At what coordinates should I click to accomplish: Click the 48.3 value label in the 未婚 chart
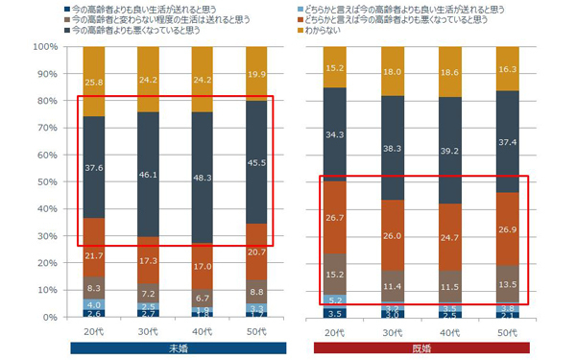click(203, 179)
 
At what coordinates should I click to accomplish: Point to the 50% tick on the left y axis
click(46, 181)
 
